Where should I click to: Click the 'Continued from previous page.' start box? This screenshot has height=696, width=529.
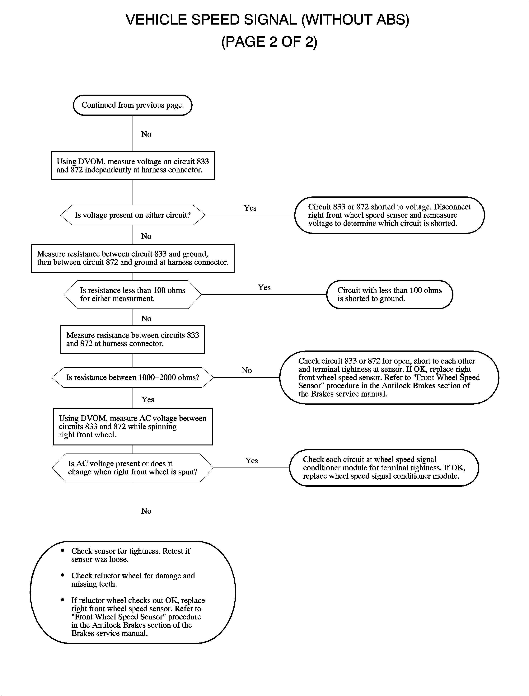pyautogui.click(x=133, y=105)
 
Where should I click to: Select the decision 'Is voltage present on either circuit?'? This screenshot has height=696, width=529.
pyautogui.click(x=133, y=215)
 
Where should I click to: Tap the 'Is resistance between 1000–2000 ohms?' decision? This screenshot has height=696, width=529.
pyautogui.click(x=133, y=377)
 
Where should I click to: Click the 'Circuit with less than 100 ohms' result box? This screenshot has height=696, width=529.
pyautogui.click(x=390, y=294)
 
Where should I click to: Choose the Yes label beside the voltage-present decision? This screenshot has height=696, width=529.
pyautogui.click(x=250, y=208)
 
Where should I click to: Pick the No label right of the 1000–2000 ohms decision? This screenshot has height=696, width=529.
pyautogui.click(x=246, y=370)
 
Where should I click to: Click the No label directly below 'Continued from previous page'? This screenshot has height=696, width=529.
pyautogui.click(x=146, y=134)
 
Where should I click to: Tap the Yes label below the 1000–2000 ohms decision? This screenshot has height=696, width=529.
pyautogui.click(x=148, y=400)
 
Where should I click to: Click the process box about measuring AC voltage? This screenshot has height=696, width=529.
pyautogui.click(x=133, y=427)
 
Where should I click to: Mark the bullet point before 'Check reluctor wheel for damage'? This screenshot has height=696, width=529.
pyautogui.click(x=63, y=575)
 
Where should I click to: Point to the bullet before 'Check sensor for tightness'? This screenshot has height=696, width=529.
pyautogui.click(x=63, y=551)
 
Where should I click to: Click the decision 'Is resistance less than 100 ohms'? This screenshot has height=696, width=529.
pyautogui.click(x=133, y=294)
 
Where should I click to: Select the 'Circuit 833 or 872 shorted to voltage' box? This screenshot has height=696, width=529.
pyautogui.click(x=390, y=215)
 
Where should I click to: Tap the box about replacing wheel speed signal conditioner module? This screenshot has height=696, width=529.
pyautogui.click(x=384, y=468)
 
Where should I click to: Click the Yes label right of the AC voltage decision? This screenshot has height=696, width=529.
pyautogui.click(x=252, y=461)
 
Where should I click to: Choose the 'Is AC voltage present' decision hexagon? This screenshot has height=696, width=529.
pyautogui.click(x=133, y=468)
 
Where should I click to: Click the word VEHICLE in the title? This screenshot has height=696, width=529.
pyautogui.click(x=156, y=20)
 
